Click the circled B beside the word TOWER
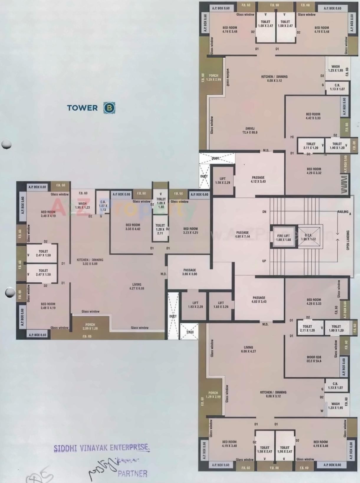109,108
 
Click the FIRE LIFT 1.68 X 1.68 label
283,238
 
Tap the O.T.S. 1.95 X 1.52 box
308,237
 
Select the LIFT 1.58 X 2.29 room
223,181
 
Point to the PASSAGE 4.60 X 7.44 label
242,234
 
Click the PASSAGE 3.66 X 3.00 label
190,272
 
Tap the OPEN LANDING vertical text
348,240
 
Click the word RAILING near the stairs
343,212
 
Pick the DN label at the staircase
264,212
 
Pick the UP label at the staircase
264,261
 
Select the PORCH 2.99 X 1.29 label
90,326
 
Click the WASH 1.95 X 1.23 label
83,205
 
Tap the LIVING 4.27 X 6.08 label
137,286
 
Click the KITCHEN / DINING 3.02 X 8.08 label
90,262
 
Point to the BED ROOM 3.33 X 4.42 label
133,227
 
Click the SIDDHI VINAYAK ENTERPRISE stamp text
102,448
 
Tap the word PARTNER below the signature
132,474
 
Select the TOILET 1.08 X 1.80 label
161,203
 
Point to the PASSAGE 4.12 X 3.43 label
258,179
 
